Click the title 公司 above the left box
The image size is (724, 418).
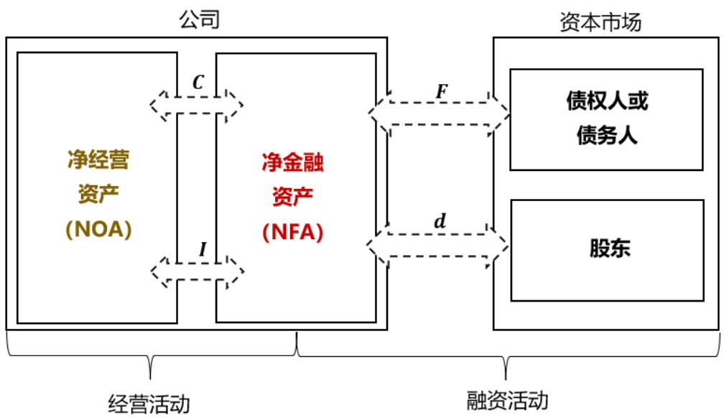pos(198,19)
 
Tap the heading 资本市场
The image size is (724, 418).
pos(600,22)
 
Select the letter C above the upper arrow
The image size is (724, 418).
pos(198,82)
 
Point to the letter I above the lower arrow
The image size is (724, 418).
pos(203,249)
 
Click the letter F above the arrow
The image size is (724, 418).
pos(441,91)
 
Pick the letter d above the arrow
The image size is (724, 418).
pos(440,221)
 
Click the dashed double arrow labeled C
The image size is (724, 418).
pos(197,106)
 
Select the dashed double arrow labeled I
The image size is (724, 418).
pos(197,272)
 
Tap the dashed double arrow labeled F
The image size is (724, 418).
pos(439,113)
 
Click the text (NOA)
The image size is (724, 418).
pos(98,231)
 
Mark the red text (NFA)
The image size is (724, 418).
pos(292,232)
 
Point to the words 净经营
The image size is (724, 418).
pos(98,159)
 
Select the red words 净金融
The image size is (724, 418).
pos(292,163)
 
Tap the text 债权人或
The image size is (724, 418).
pos(607,101)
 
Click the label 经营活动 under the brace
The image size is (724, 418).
pos(149,402)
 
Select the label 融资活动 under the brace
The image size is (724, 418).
pos(507,399)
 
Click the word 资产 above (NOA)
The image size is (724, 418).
pos(98,195)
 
